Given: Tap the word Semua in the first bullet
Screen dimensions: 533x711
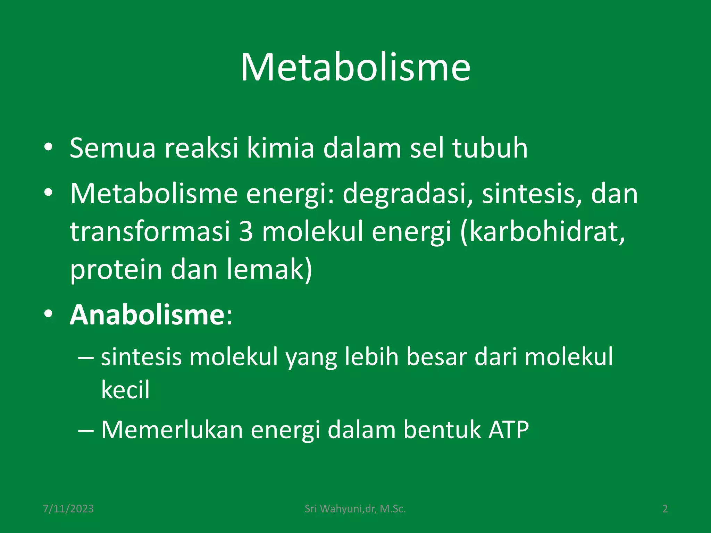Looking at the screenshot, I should pos(112,148).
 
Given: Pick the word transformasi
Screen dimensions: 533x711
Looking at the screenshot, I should pos(150,232).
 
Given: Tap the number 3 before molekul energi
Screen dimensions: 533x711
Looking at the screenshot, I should pos(246,232).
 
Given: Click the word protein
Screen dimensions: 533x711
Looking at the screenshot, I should pos(116,270).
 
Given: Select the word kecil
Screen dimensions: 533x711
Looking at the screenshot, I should pos(125,390).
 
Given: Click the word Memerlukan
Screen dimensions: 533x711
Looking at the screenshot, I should pos(172,430).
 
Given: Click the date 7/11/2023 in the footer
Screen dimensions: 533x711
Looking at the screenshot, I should pos(68,509).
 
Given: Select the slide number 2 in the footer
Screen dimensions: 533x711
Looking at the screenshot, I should pos(665,509).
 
